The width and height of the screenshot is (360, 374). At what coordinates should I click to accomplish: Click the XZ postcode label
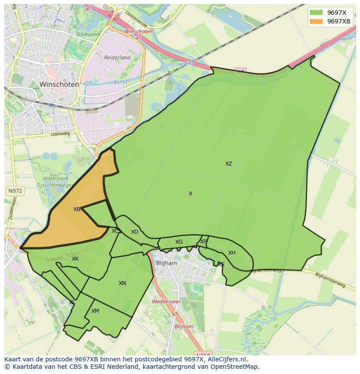point(228,164)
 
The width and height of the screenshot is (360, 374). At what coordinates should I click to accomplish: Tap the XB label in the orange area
point(77,209)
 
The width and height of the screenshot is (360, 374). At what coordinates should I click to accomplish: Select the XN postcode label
point(122,283)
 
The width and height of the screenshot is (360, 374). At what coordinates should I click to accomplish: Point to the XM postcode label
point(95,311)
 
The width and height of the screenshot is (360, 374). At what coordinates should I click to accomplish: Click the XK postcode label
point(75,259)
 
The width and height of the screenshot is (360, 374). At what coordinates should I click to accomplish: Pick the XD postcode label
point(134,232)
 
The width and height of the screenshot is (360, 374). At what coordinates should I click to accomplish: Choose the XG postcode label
point(179,242)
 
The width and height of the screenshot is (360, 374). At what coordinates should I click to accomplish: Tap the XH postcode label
point(232,253)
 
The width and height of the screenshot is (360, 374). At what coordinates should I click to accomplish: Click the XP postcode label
point(203,242)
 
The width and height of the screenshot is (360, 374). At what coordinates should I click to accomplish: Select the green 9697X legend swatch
point(316,12)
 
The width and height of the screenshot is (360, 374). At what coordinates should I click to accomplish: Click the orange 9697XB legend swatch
point(316,21)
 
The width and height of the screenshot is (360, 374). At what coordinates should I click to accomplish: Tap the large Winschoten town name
point(59,84)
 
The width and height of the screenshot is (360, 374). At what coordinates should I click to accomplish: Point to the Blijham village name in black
point(166,263)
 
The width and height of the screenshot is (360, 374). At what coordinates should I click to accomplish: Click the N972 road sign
point(16,191)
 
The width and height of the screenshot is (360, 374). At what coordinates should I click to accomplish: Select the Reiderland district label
point(117,57)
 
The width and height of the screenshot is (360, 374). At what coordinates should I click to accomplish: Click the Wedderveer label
point(166,301)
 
